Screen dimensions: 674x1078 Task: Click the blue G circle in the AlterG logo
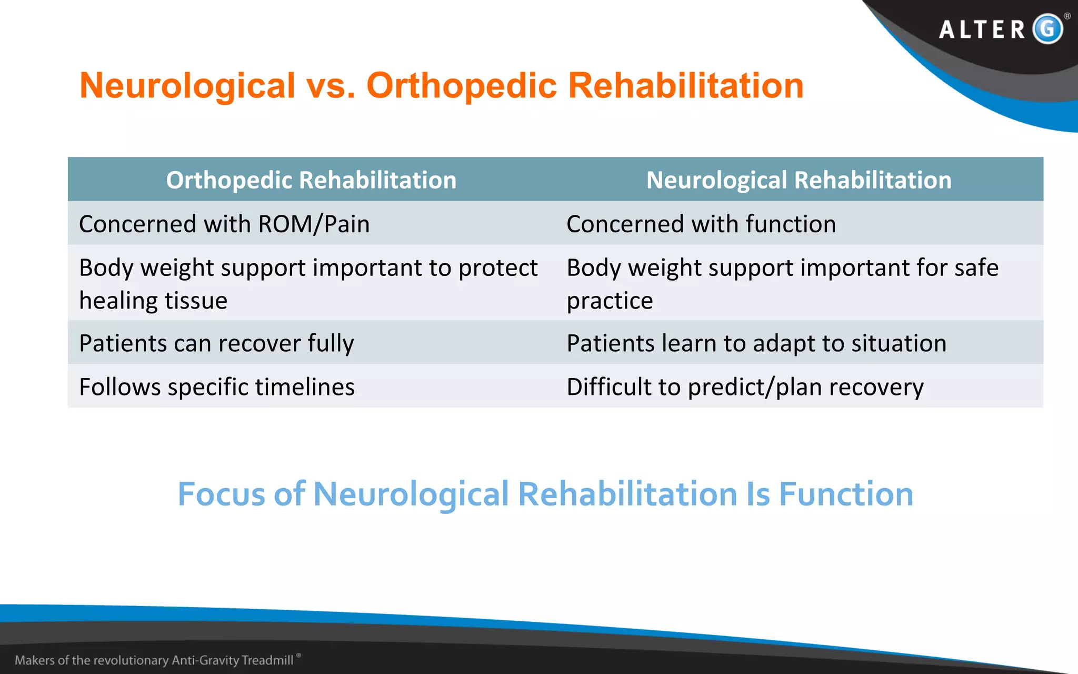point(1047,28)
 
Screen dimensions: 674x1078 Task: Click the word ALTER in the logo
point(982,29)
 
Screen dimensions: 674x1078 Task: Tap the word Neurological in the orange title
point(187,85)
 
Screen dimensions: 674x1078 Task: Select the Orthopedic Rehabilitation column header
point(311,180)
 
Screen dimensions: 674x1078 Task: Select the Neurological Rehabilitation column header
point(798,180)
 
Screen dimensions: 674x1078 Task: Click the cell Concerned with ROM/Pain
point(224,224)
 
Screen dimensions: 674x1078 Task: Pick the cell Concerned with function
point(701,224)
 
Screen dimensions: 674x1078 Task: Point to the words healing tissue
point(153,301)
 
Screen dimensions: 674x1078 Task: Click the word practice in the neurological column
point(610,301)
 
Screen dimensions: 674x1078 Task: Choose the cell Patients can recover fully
point(216,343)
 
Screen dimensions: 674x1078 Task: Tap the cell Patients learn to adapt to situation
point(756,343)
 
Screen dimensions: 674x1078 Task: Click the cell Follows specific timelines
point(217,387)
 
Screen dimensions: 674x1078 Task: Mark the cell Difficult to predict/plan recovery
point(745,387)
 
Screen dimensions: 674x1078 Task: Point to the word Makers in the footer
point(35,660)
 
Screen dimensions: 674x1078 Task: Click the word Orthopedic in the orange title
point(461,85)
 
